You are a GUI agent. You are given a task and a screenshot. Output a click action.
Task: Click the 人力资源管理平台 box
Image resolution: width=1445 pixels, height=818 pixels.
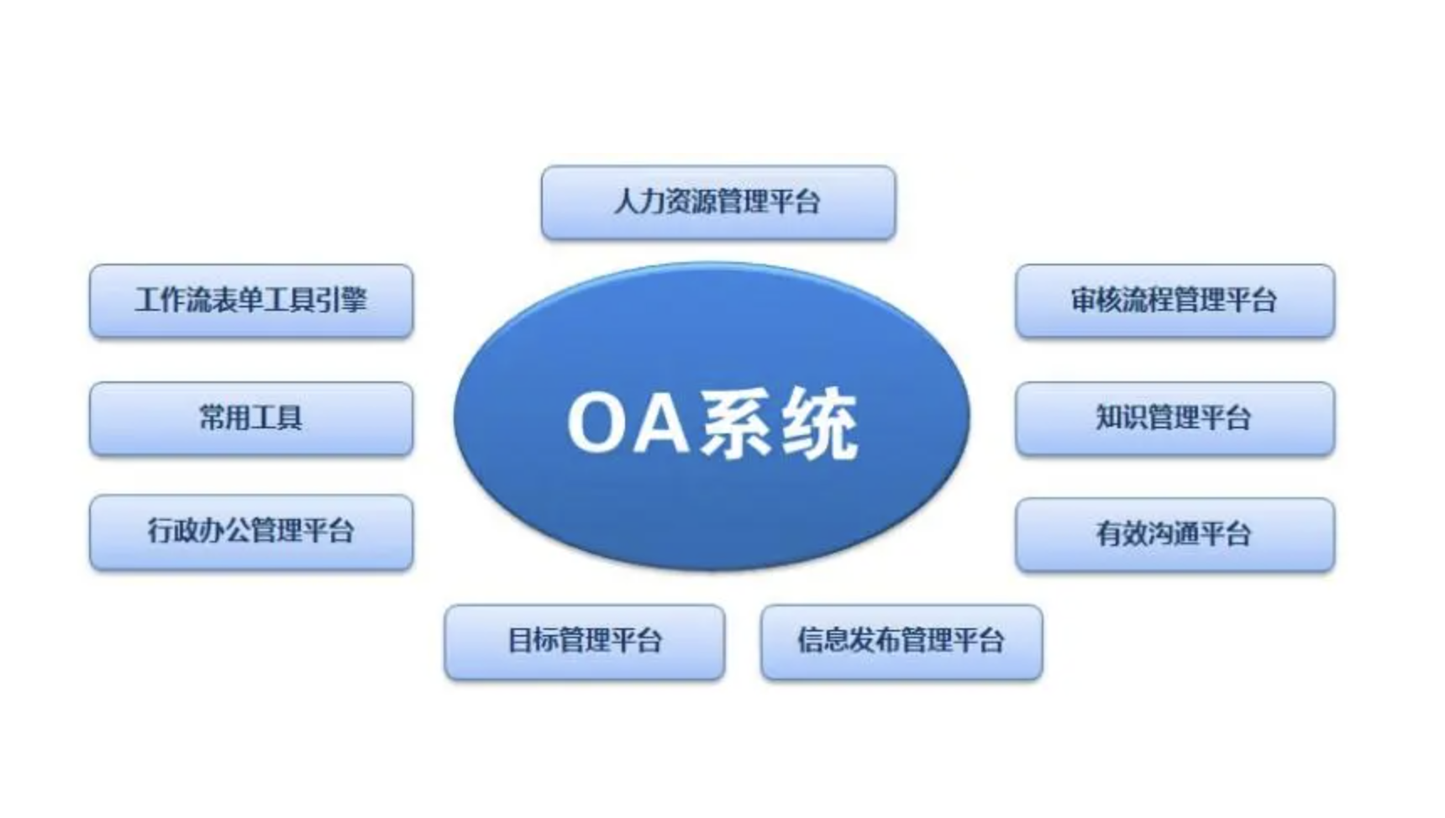click(x=718, y=202)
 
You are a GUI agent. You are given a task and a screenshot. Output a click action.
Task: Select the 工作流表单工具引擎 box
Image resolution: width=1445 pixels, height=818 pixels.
click(x=251, y=301)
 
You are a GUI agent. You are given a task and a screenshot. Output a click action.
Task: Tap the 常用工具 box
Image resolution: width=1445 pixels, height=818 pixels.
click(x=251, y=418)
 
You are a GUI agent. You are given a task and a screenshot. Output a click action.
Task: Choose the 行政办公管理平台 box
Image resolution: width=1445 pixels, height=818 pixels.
click(x=251, y=532)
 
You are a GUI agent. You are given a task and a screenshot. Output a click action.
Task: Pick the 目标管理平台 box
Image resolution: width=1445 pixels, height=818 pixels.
click(x=585, y=642)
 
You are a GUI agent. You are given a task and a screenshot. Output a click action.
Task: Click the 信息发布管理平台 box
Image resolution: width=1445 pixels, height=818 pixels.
click(x=901, y=642)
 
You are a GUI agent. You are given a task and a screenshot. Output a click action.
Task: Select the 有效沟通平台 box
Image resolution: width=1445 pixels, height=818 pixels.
click(x=1174, y=534)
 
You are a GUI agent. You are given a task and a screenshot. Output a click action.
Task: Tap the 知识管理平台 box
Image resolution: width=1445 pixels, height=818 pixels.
click(x=1174, y=418)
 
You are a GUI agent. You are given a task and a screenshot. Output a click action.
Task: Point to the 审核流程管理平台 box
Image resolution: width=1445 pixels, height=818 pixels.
click(x=1174, y=301)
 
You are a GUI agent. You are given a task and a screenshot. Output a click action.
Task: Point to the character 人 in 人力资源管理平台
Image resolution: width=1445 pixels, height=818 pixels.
click(x=627, y=202)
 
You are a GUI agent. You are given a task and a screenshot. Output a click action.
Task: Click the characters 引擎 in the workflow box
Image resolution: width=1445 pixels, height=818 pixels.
click(x=342, y=300)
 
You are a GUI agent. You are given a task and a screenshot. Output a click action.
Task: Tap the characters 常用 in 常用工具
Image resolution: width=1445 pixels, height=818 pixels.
click(x=224, y=417)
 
